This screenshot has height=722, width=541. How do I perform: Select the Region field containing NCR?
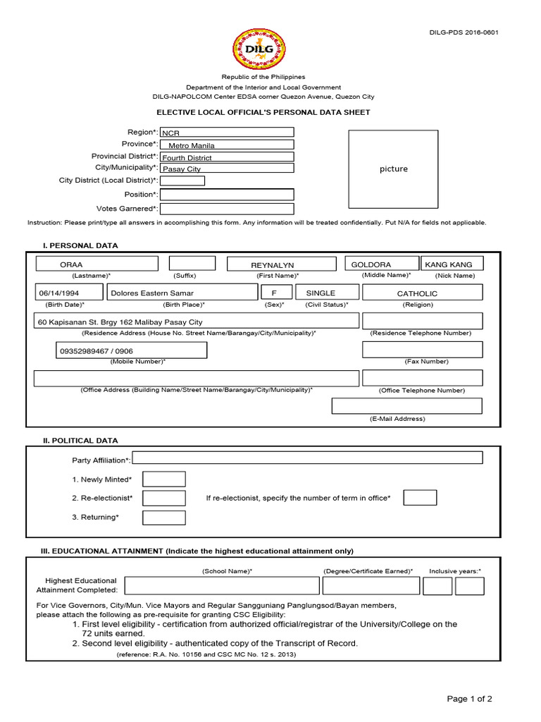click(x=227, y=132)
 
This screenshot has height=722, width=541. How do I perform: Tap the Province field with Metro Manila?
click(x=227, y=145)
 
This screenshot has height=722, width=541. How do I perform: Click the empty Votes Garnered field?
click(x=227, y=209)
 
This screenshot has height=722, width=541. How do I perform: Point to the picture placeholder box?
click(x=393, y=169)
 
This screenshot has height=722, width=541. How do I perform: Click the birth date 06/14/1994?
click(x=68, y=293)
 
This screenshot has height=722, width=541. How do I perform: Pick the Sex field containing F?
click(x=275, y=293)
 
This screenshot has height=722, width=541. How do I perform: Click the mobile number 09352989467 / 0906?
click(x=130, y=350)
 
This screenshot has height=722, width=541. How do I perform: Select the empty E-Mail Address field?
click(x=406, y=406)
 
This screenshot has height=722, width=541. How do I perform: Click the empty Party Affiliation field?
click(x=307, y=458)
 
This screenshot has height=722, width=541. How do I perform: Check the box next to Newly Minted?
click(x=163, y=479)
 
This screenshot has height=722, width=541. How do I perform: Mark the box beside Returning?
click(x=163, y=518)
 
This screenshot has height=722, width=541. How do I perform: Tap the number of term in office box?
click(x=420, y=498)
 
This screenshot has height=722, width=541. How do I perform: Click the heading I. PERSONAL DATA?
click(x=81, y=245)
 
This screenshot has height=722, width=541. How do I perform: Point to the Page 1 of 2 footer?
click(x=469, y=699)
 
